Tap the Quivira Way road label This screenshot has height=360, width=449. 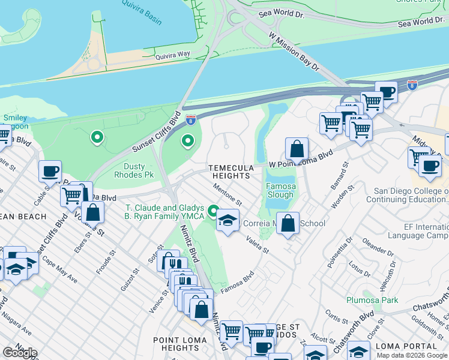click(x=173, y=55)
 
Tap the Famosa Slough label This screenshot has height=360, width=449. click(x=280, y=191)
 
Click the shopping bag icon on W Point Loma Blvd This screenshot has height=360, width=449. click(x=297, y=148)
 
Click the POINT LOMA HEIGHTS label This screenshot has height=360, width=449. click(x=180, y=344)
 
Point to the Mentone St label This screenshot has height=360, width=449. click(x=228, y=196)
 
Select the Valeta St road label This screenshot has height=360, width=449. click(x=256, y=243)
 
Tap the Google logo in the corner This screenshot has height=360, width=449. click(x=20, y=352)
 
